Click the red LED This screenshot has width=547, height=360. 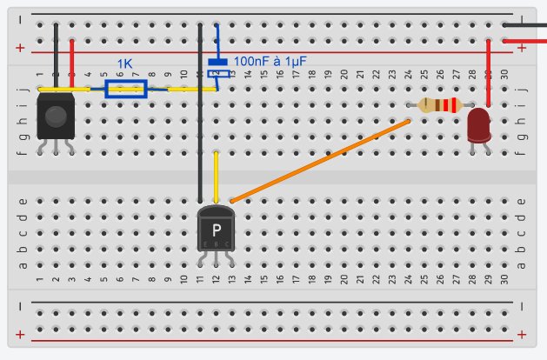tap(478, 123)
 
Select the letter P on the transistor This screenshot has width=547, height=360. tap(216, 230)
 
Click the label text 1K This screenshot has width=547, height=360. tap(126, 63)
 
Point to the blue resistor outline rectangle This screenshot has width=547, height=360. tap(125, 89)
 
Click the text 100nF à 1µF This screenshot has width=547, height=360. tap(270, 61)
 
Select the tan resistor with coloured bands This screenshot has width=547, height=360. tap(437, 105)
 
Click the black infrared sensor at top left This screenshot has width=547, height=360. tap(56, 117)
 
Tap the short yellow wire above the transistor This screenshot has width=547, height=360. tap(216, 174)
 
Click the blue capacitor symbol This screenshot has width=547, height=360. tap(217, 63)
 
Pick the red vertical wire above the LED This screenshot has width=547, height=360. tap(489, 74)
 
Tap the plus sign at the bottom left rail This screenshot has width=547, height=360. tap(20, 335)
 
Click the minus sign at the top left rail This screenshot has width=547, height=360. tap(20, 18)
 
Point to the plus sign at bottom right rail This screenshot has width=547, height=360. tap(521, 335)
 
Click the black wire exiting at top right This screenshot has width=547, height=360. tap(530, 25)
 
